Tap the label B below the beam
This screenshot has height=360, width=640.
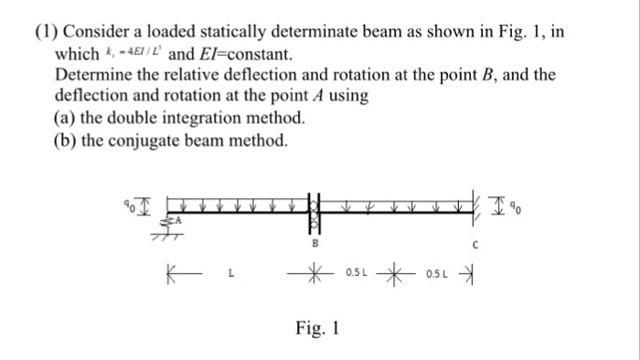(315, 245)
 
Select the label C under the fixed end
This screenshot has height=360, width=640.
(475, 245)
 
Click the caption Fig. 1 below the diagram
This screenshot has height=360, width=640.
(316, 327)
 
